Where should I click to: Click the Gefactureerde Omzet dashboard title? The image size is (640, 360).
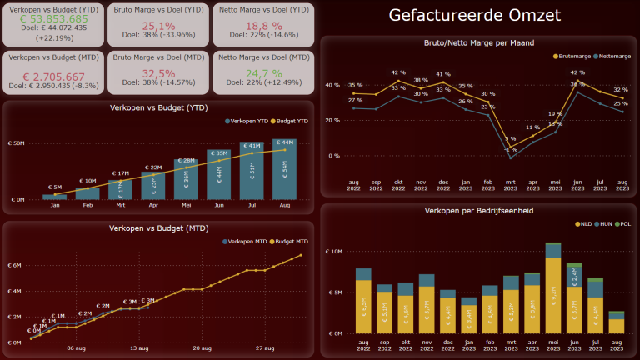point(475,16)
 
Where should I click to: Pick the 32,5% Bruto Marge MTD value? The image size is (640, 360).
point(157,74)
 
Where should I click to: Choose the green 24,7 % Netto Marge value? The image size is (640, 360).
point(262,74)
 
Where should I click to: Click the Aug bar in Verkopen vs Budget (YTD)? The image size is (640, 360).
point(285,172)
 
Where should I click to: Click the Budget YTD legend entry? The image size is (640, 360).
point(287,122)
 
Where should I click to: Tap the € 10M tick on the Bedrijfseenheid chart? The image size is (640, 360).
point(332,252)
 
